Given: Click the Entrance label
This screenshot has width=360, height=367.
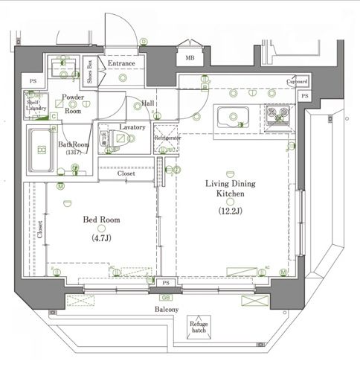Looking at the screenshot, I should [121, 64].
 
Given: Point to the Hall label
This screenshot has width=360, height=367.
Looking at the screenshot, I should [148, 103].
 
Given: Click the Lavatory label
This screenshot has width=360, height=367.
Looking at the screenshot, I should [132, 127].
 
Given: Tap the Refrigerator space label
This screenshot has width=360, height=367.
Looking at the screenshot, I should [168, 138].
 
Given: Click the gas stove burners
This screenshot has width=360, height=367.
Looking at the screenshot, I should [280, 115].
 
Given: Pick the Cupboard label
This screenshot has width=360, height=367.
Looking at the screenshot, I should [297, 81].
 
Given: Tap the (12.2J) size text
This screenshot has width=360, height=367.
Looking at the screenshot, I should [230, 211].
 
